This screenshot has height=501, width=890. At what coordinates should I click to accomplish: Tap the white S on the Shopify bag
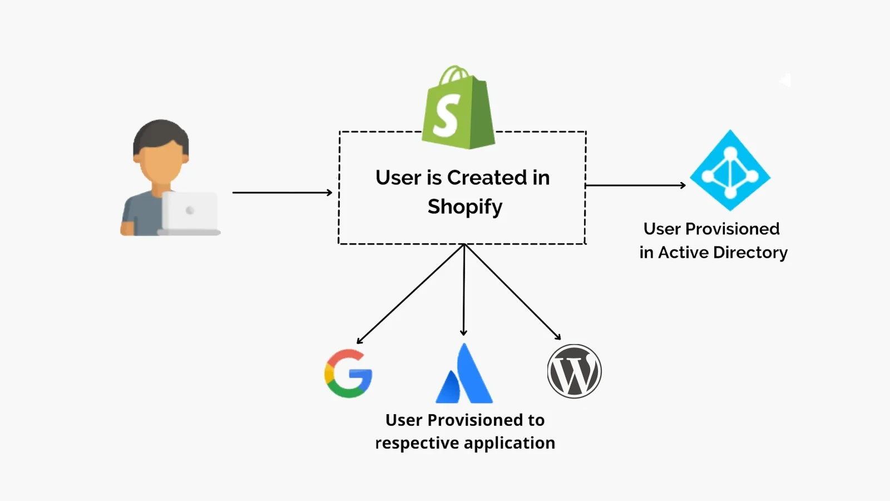click(447, 115)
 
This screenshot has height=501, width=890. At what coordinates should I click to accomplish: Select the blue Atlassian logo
click(464, 376)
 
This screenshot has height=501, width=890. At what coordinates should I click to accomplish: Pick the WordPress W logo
click(574, 371)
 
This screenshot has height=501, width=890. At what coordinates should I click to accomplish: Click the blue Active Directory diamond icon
click(730, 170)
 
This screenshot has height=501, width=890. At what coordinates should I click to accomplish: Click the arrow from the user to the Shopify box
click(282, 193)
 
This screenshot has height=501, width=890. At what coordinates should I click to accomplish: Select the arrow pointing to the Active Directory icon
click(635, 185)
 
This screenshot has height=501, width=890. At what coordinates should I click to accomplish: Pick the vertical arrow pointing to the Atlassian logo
click(464, 289)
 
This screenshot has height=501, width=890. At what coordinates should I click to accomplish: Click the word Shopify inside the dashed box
click(465, 207)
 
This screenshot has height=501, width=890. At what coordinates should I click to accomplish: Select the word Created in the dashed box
click(487, 178)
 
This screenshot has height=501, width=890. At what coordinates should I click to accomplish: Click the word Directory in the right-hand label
click(750, 253)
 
